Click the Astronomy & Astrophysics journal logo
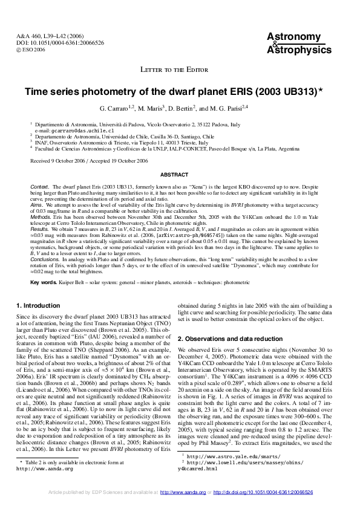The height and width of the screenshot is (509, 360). (x=296, y=44)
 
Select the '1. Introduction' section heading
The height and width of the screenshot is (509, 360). (x=38, y=306)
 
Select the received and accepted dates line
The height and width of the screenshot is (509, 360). (x=89, y=161)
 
